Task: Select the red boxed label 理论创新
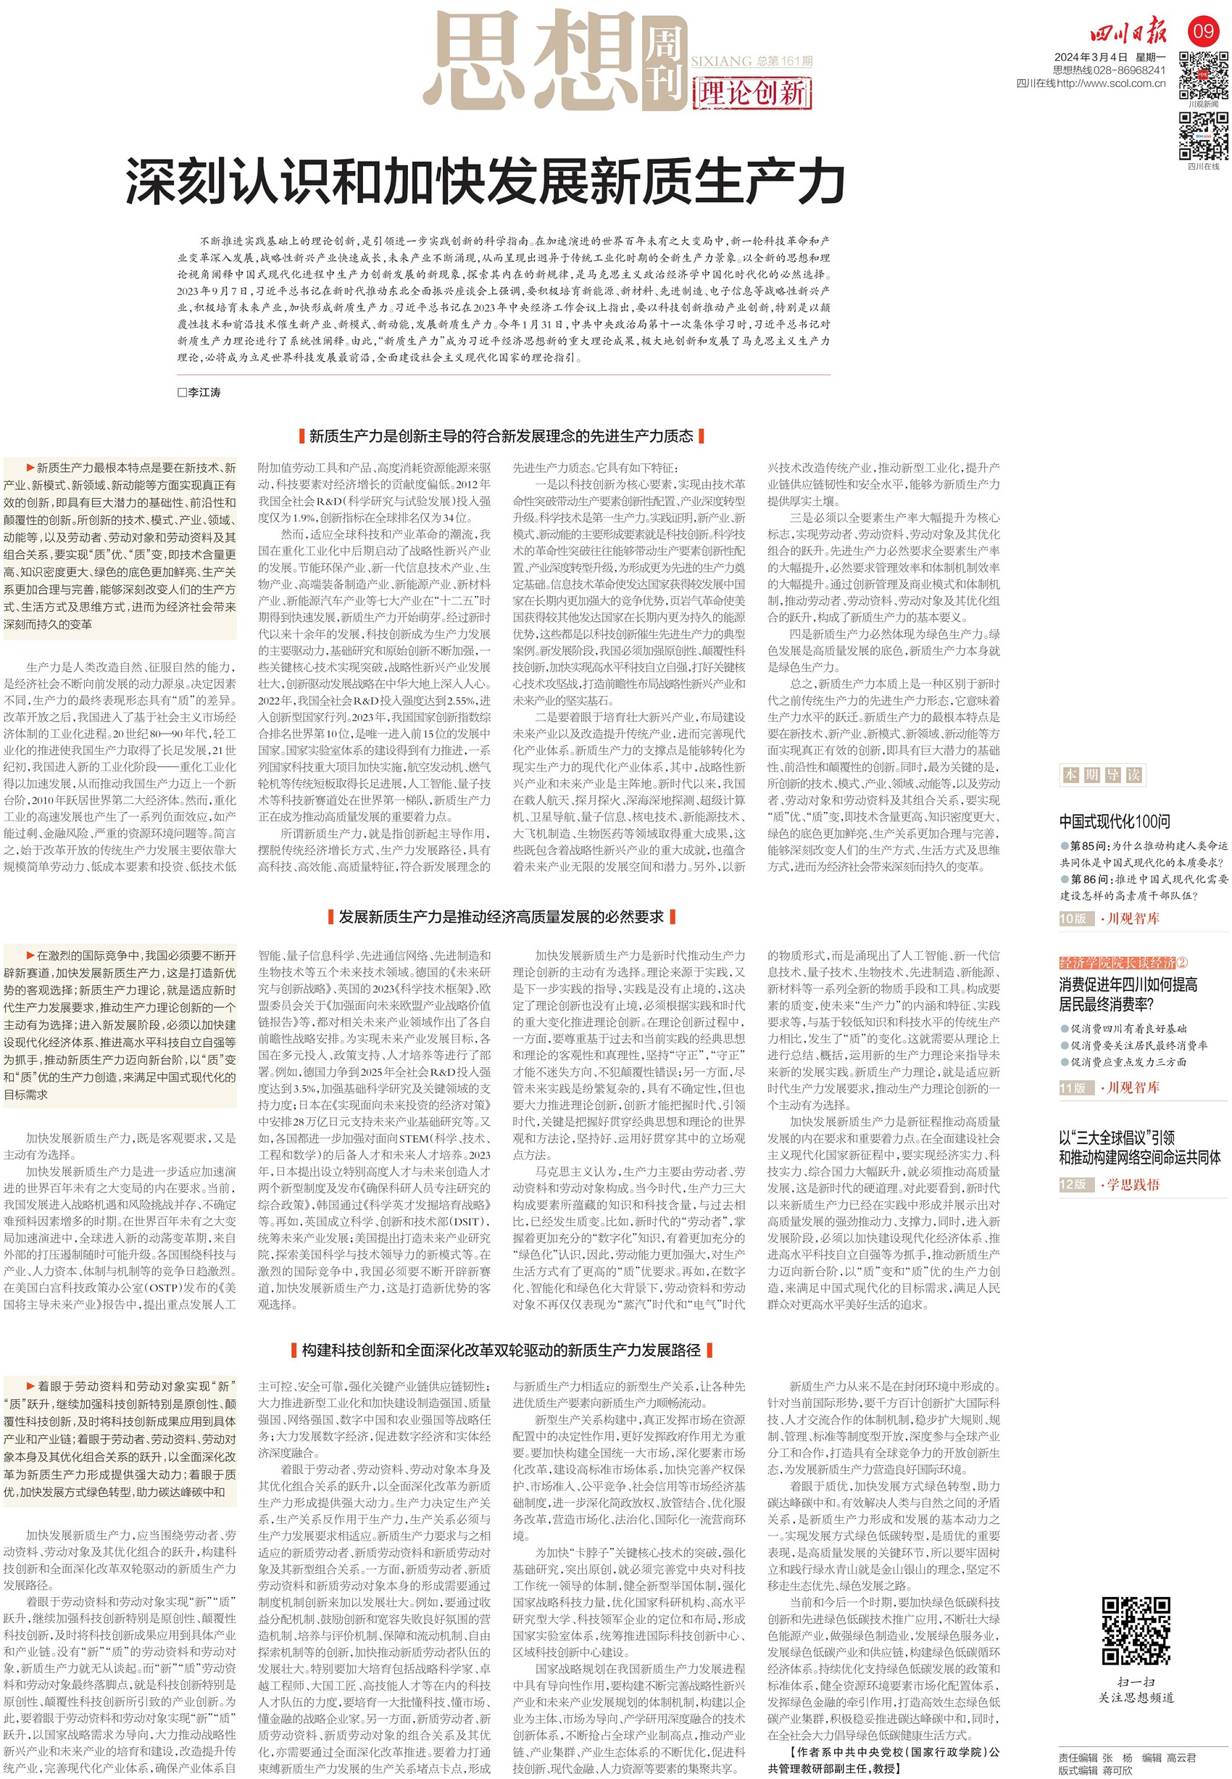click(x=753, y=94)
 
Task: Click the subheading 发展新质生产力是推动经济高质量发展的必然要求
click(x=501, y=916)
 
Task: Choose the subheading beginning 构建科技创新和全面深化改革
click(x=501, y=1350)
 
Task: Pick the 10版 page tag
click(x=1073, y=918)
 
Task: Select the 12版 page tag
click(x=1073, y=1184)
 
